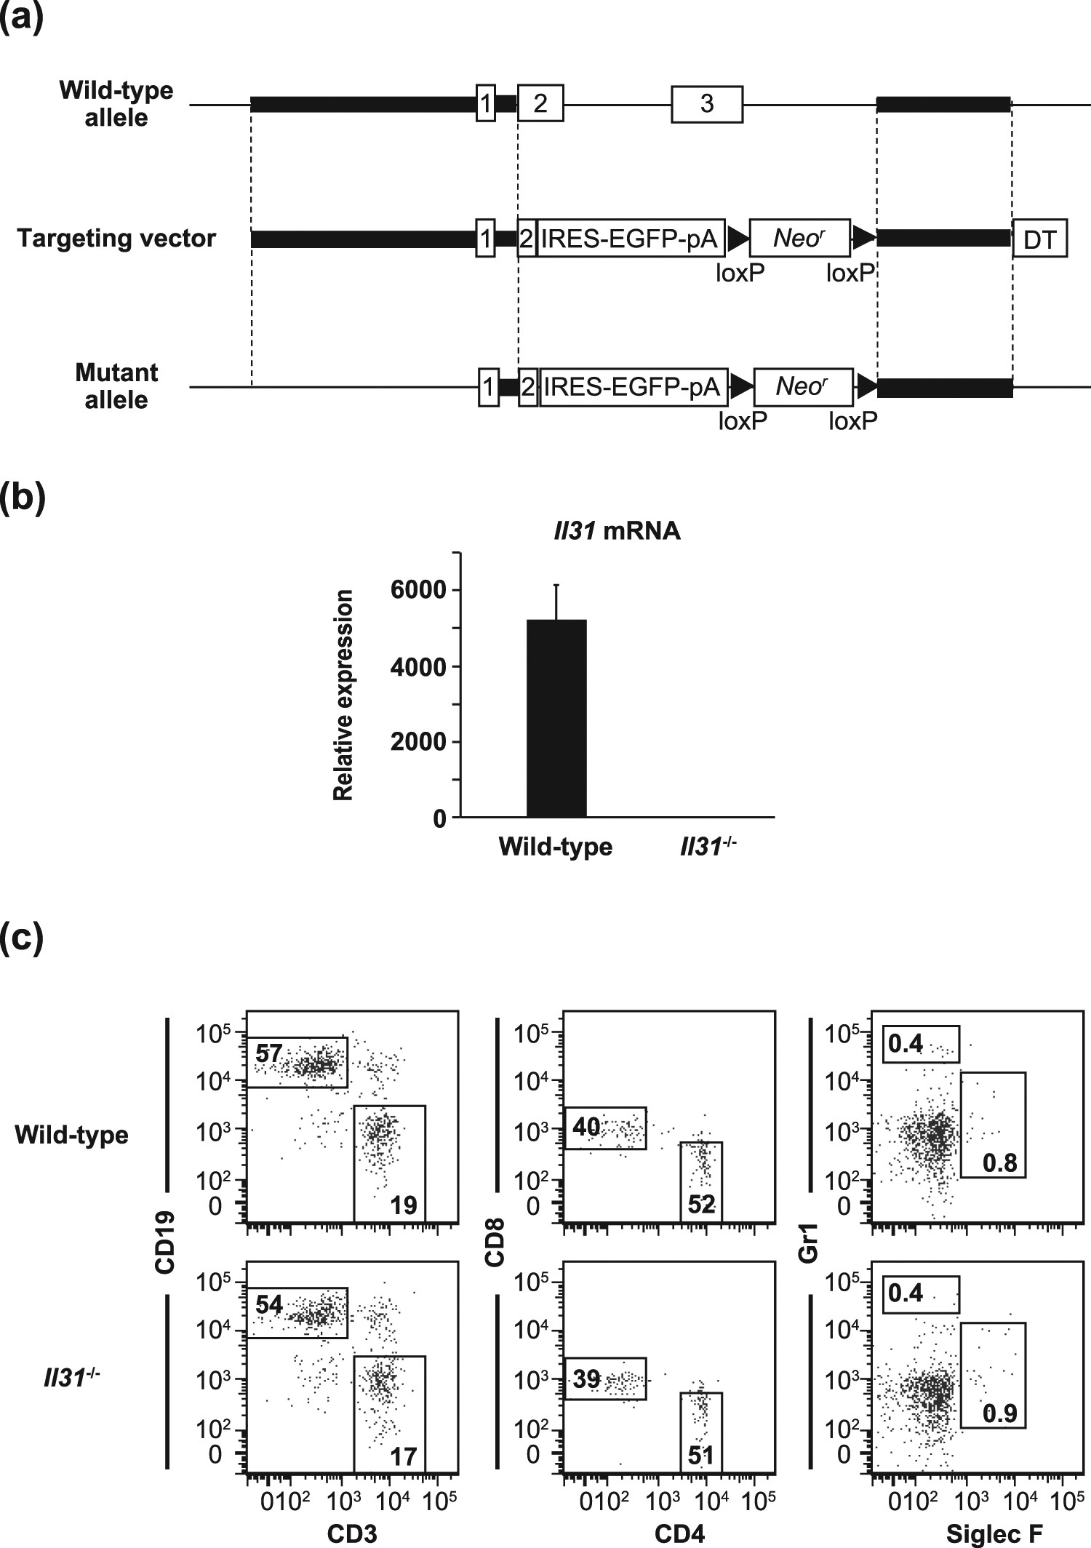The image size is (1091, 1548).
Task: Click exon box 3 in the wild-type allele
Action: click(707, 104)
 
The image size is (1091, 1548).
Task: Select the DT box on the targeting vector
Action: click(1039, 239)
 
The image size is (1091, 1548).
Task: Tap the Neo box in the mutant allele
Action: click(802, 386)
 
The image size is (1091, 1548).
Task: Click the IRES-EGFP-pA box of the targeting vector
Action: click(630, 238)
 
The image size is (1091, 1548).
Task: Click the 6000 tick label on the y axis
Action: click(417, 590)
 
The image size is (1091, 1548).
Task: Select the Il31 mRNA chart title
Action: click(615, 531)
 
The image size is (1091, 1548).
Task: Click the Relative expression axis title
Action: click(343, 695)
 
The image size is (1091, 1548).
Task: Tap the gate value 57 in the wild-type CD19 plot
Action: click(268, 1053)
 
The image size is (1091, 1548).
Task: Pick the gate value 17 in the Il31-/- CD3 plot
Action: click(404, 1453)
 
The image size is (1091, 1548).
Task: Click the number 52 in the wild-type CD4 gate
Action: click(701, 1205)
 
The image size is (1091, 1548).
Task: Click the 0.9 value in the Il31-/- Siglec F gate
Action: click(999, 1413)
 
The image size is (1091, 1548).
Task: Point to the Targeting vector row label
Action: click(116, 239)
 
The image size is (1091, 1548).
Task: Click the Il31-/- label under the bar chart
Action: click(708, 846)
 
